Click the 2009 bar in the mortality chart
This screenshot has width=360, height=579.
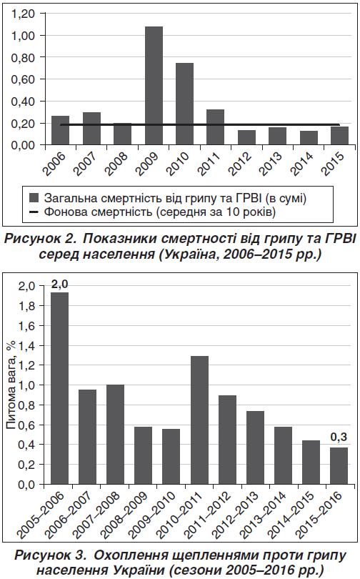(x=154, y=86)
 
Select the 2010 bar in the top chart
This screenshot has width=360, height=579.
(x=184, y=104)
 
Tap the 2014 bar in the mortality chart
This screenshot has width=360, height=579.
(x=309, y=138)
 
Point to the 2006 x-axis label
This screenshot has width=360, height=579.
(x=54, y=163)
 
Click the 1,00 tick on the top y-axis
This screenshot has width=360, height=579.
(x=23, y=36)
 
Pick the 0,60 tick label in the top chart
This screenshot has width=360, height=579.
(x=23, y=79)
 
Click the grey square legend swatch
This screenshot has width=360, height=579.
(x=34, y=198)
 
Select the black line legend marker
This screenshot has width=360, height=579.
(x=34, y=212)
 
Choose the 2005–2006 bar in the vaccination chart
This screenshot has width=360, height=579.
(x=59, y=388)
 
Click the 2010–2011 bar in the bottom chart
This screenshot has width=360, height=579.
(x=199, y=420)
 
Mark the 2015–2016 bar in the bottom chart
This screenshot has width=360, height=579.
(x=339, y=466)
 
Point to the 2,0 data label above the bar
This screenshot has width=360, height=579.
(x=60, y=284)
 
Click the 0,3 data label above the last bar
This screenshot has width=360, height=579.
(x=339, y=437)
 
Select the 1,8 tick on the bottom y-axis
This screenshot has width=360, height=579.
(x=26, y=306)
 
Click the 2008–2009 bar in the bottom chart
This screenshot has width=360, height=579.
(x=143, y=455)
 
